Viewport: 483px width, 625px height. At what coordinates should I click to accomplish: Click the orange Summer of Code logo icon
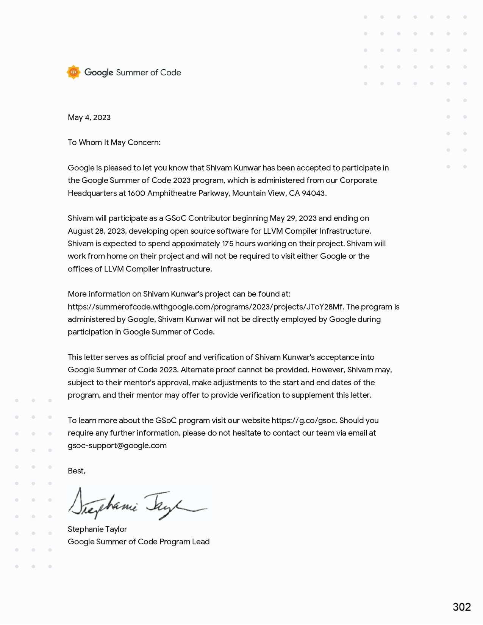73,72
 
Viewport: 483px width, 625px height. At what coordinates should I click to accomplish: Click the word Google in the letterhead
98,72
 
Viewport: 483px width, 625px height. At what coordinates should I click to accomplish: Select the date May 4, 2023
89,117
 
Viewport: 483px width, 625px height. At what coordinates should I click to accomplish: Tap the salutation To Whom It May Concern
114,142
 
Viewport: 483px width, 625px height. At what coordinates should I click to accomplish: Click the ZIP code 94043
313,193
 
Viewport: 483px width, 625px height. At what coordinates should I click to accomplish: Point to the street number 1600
136,193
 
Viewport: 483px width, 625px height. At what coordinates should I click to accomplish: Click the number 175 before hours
228,244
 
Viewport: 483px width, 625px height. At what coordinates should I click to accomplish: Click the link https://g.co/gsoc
304,420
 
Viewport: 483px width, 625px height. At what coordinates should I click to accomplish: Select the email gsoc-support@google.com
117,445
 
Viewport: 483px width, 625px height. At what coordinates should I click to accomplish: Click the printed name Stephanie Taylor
97,529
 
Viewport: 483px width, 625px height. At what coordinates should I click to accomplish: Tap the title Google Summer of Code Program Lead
139,542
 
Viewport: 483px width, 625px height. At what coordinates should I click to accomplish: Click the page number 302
462,607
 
